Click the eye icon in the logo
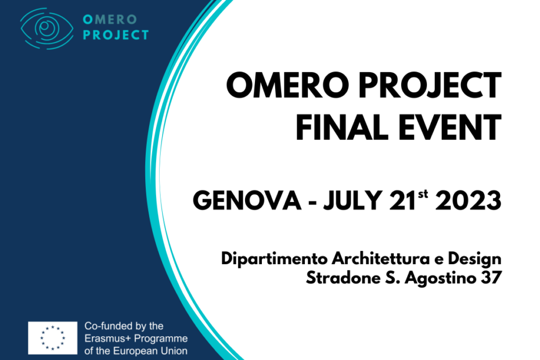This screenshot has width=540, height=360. (x=46, y=28)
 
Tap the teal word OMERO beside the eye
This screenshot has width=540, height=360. (x=110, y=20)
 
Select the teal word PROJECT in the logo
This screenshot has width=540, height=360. (x=116, y=35)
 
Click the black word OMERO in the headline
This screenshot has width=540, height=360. (x=287, y=85)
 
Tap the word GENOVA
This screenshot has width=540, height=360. (x=247, y=200)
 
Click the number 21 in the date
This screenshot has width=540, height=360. (x=403, y=200)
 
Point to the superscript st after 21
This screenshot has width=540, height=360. (x=423, y=194)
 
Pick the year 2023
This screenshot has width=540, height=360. (x=469, y=200)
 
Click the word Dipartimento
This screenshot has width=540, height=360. (x=274, y=259)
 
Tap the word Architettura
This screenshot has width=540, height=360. (x=381, y=258)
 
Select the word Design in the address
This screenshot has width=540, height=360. (x=474, y=259)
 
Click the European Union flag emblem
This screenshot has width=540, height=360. (x=53, y=338)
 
